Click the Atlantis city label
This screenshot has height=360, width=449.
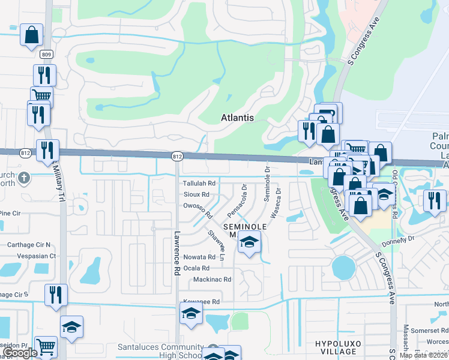point(237,118)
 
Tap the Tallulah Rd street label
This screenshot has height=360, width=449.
point(199,183)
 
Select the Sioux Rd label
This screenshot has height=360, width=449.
point(197,194)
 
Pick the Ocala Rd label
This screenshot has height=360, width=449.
point(197,268)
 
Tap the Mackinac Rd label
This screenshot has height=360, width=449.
point(212,280)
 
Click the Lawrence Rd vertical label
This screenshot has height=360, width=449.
point(177,253)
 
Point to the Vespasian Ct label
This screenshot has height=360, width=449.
point(36,256)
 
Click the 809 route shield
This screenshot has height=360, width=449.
point(47,54)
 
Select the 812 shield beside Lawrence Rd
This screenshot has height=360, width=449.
point(177,156)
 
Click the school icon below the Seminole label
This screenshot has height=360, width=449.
point(248,242)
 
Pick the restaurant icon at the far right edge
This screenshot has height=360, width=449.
point(433,200)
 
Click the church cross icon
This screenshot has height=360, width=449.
point(23,178)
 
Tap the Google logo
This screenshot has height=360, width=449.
point(20,353)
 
